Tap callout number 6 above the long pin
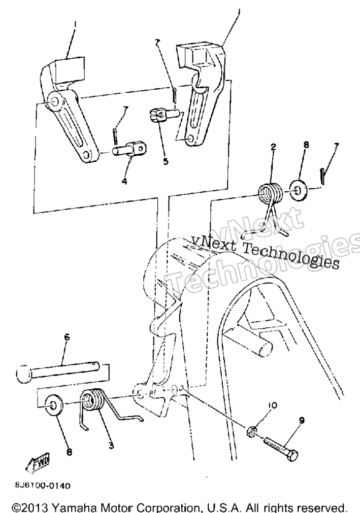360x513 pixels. [67, 337]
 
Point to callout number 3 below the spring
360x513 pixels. [111, 445]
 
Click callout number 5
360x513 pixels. [166, 161]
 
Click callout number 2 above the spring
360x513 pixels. [274, 147]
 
